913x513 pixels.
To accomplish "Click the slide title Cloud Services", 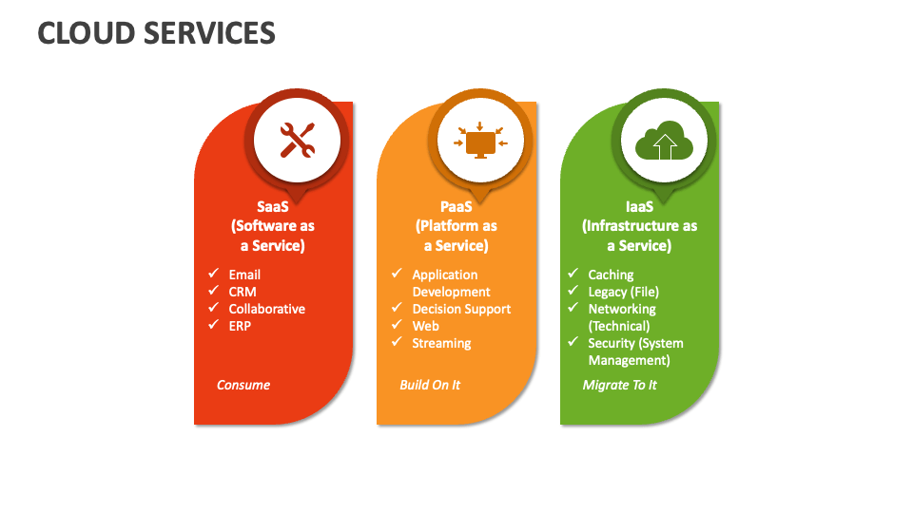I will point(157,33).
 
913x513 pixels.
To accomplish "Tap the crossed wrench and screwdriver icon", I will point(297,141).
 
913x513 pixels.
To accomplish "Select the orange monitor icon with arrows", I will point(480,142).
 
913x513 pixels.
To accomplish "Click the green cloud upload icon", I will point(663,142).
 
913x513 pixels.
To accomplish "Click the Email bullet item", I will point(244,275).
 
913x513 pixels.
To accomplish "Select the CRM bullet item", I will point(243,292).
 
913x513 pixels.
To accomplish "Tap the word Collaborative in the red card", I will point(267,309).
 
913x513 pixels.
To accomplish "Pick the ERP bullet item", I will point(241,326).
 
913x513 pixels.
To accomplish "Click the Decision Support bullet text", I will point(461,309).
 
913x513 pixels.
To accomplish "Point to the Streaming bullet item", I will point(441,343).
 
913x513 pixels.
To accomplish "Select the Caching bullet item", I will point(611,275).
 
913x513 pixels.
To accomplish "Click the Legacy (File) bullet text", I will point(623,292).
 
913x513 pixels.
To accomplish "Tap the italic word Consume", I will point(243,385).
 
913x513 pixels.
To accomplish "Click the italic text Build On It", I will point(430,385).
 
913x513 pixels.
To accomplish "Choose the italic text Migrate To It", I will point(619,385).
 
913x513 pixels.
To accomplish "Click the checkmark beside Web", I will point(397,325).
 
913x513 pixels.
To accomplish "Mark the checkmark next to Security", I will point(573,342).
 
